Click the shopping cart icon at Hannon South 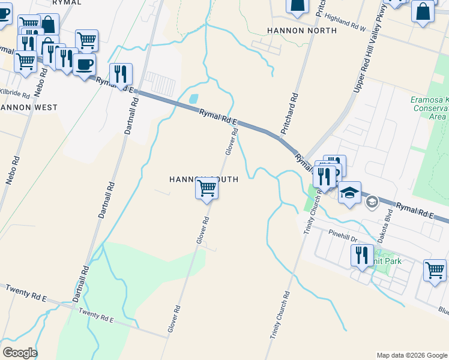coord(207,188)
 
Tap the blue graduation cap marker coord(349,193)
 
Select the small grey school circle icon coord(372,202)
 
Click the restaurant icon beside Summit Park coord(362,255)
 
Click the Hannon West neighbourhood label coord(29,107)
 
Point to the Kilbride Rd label coord(14,94)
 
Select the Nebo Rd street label coord(16,170)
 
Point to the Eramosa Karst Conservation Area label coord(430,108)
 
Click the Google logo coord(20,353)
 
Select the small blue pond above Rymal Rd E coord(193,98)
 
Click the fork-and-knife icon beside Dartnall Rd coord(121,74)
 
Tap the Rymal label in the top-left coord(66,2)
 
